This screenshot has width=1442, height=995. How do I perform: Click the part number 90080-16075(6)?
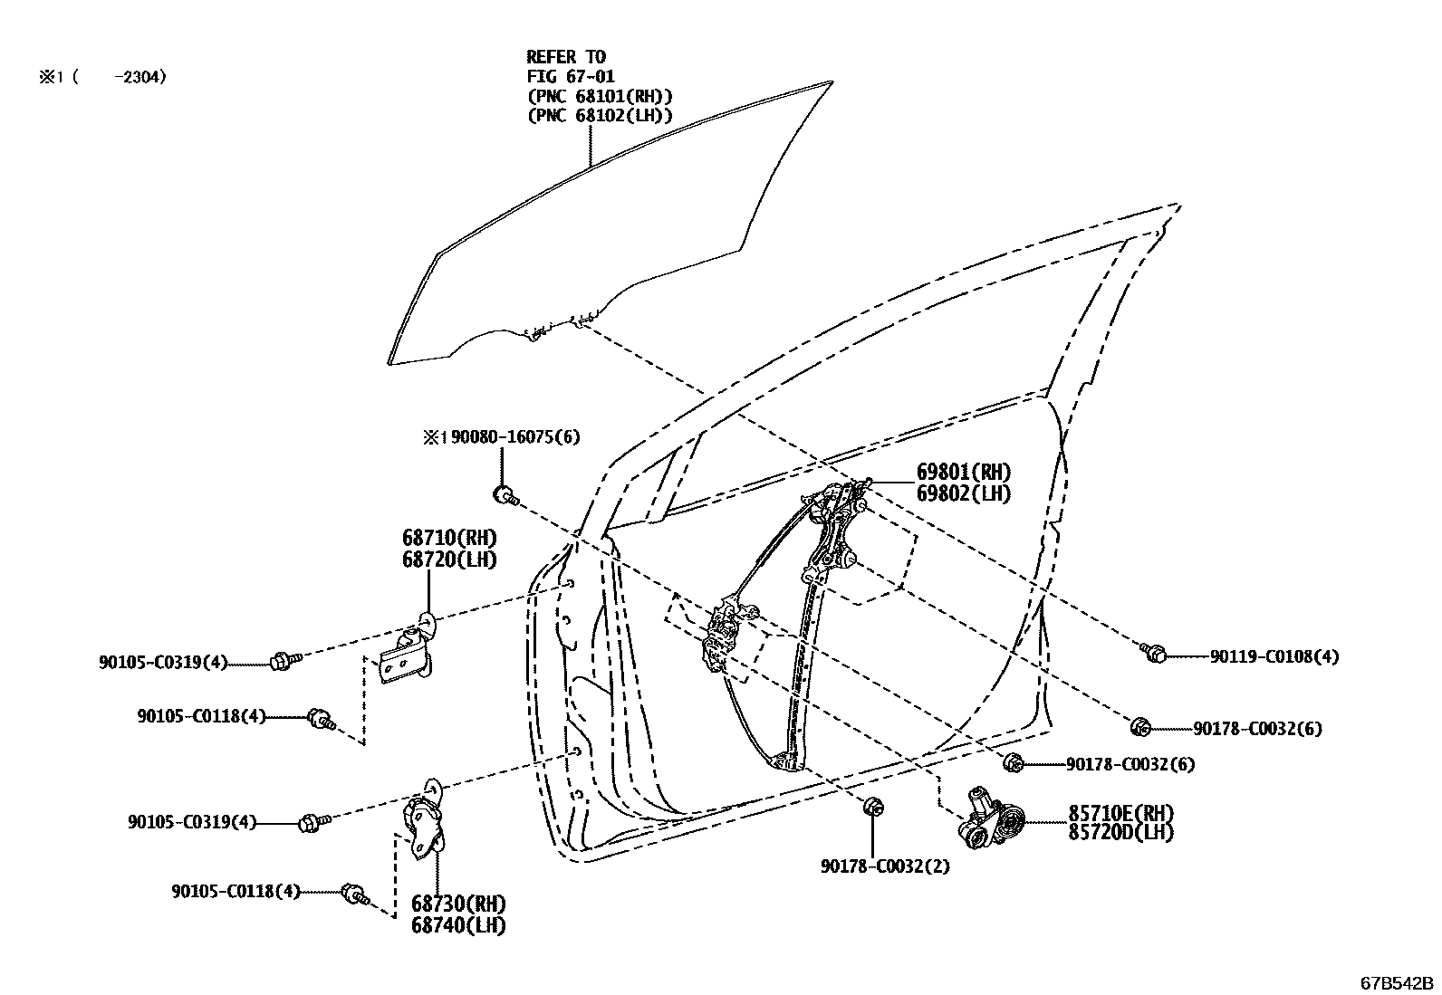click(515, 437)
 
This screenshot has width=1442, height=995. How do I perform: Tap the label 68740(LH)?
click(457, 925)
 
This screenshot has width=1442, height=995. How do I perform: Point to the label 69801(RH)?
click(963, 472)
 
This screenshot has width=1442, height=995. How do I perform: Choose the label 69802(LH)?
click(963, 493)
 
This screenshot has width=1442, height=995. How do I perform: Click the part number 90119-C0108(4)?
click(1274, 656)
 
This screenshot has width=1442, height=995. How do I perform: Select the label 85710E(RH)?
click(1121, 812)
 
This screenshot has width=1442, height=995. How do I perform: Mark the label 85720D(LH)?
click(1121, 832)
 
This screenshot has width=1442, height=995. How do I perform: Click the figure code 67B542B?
click(1394, 982)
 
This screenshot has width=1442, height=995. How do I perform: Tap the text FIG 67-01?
click(571, 77)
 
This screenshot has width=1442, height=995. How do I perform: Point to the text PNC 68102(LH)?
click(600, 116)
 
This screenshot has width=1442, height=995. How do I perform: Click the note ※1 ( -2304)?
click(101, 78)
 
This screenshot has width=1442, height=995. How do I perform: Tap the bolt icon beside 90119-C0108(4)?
click(1154, 652)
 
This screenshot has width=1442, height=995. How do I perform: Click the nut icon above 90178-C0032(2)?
click(873, 807)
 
